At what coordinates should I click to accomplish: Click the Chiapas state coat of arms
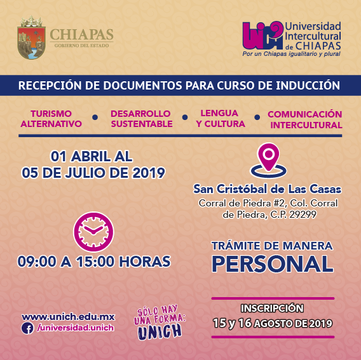point(31,37)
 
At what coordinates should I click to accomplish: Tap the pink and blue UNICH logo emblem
point(262,36)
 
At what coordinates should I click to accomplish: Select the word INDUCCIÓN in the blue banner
point(308,85)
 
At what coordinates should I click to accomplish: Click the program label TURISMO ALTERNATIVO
point(51,119)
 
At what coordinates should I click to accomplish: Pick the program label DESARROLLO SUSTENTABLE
point(141,119)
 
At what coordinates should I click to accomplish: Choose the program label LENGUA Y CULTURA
point(221,119)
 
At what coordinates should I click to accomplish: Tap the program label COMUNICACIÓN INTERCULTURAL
point(305,119)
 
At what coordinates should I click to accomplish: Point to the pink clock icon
point(93,232)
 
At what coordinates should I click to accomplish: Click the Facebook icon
point(27,328)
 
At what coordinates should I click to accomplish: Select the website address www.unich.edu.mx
point(69,317)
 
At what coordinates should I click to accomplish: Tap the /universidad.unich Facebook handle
point(75,328)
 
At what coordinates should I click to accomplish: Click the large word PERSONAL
point(273,264)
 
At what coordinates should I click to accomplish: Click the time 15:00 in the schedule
point(95,262)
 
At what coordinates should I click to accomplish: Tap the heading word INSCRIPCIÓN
point(272,309)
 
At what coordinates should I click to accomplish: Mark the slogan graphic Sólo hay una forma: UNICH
point(160,321)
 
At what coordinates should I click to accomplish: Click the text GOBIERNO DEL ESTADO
point(82,46)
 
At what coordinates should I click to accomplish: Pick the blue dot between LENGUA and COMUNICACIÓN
point(257,117)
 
